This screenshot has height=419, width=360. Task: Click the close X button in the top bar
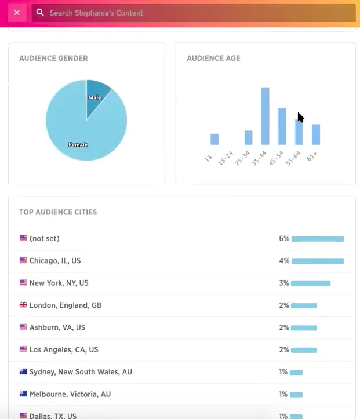pyautogui.click(x=17, y=12)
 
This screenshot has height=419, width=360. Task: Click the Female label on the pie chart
pyautogui.click(x=78, y=144)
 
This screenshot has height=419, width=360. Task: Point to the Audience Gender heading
pyautogui.click(x=53, y=59)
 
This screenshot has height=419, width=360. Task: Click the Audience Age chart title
pyautogui.click(x=213, y=59)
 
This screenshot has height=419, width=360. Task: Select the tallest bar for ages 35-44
pyautogui.click(x=265, y=116)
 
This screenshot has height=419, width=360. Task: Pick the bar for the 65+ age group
pyautogui.click(x=316, y=134)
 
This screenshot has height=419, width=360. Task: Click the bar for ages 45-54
pyautogui.click(x=282, y=126)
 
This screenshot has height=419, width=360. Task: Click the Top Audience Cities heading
pyautogui.click(x=58, y=212)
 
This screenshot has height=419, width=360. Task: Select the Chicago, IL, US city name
pyautogui.click(x=55, y=261)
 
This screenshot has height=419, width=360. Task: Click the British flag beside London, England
pyautogui.click(x=23, y=305)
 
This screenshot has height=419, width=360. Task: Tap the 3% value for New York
pyautogui.click(x=283, y=283)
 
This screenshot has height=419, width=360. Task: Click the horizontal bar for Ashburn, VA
pyautogui.click(x=304, y=327)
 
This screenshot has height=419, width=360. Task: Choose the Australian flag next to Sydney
pyautogui.click(x=23, y=371)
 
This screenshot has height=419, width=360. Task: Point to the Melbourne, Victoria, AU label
pyautogui.click(x=70, y=394)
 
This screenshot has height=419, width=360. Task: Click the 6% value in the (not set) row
pyautogui.click(x=283, y=238)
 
